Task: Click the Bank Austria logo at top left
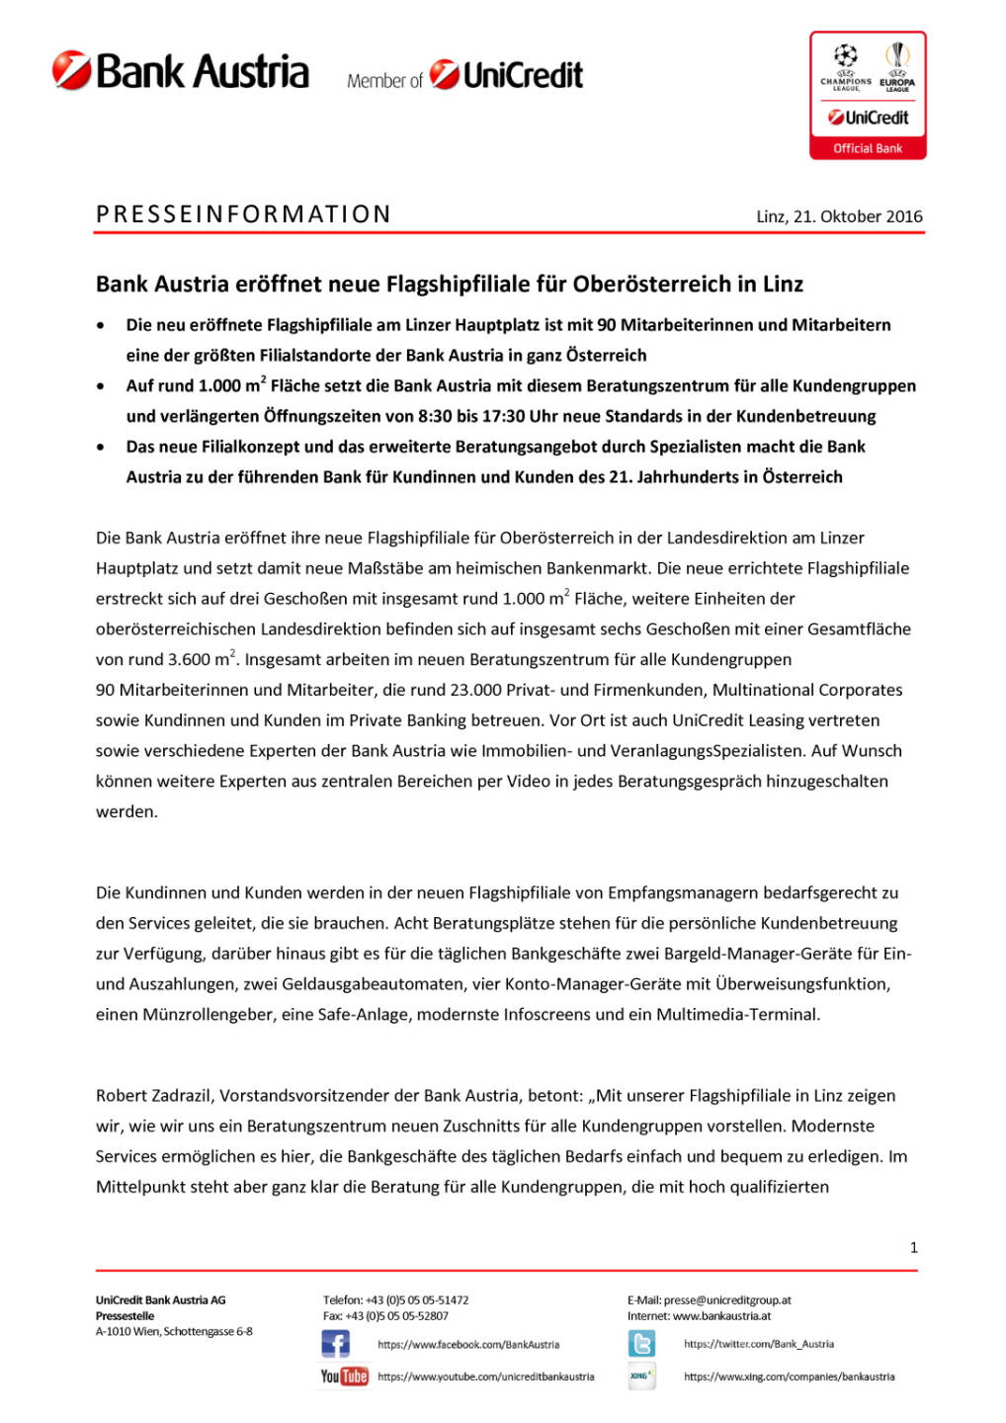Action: [181, 71]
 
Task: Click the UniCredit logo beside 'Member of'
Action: [506, 75]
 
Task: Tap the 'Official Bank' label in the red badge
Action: [868, 148]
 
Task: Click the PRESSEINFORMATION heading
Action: [243, 214]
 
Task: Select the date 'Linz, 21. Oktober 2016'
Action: [839, 216]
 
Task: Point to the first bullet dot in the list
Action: [101, 325]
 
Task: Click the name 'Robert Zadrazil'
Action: [154, 1095]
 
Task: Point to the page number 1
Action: [913, 1247]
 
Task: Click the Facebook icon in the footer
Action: [336, 1343]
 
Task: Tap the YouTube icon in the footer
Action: [344, 1376]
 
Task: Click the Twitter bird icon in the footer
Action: [641, 1343]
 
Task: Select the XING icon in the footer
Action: [641, 1376]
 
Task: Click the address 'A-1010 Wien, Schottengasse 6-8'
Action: [174, 1331]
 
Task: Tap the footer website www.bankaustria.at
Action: [721, 1315]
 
